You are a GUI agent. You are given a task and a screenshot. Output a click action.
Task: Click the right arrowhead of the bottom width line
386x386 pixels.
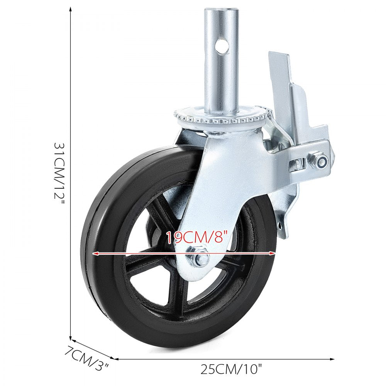coord(333,359)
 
